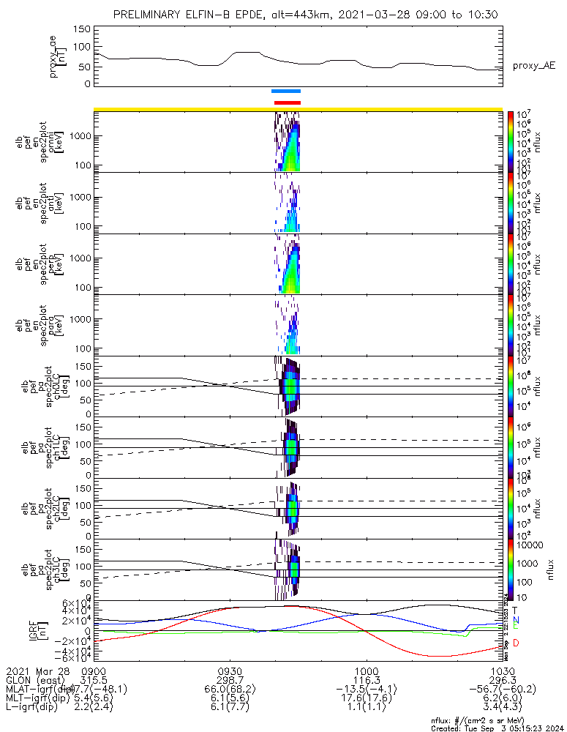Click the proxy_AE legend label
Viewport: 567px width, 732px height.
533,66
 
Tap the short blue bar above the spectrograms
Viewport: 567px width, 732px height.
285,91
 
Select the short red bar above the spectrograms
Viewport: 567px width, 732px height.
287,102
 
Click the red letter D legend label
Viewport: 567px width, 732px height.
516,643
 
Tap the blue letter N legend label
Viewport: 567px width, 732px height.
516,620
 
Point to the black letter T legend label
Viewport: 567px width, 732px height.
516,610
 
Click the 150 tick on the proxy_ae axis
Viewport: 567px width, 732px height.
82,29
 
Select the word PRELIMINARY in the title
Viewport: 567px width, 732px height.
147,15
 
